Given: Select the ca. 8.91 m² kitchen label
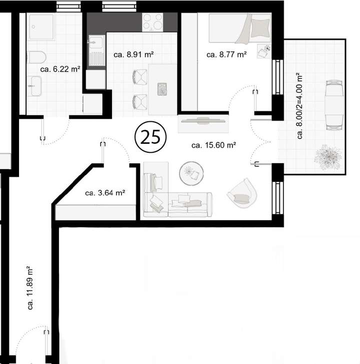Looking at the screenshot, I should [x=133, y=55].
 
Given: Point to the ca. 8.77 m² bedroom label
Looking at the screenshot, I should [x=226, y=55].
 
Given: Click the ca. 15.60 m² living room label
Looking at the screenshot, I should [x=213, y=146].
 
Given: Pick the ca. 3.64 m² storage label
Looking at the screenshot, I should [x=104, y=192].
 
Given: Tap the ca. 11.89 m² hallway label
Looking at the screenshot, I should [x=31, y=288].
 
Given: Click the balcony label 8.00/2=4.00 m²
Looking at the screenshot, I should [x=300, y=106].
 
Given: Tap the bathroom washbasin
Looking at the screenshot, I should [x=34, y=86].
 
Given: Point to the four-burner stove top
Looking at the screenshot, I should [x=152, y=22].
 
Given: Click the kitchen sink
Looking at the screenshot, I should [x=95, y=48].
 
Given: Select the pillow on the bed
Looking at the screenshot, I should [x=259, y=28].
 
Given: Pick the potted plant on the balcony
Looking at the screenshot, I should [x=328, y=156].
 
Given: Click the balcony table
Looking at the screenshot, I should [x=333, y=104].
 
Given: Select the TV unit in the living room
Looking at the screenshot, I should [x=203, y=125].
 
